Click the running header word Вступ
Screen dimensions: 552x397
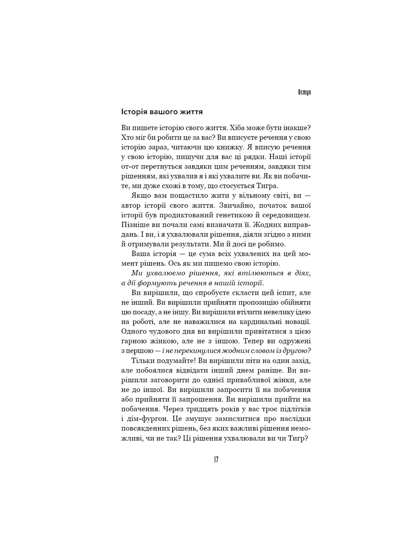click(304, 93)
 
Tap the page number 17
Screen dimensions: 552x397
click(216, 460)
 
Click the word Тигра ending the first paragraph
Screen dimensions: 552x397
click(275, 186)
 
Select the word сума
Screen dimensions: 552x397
click(203, 254)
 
